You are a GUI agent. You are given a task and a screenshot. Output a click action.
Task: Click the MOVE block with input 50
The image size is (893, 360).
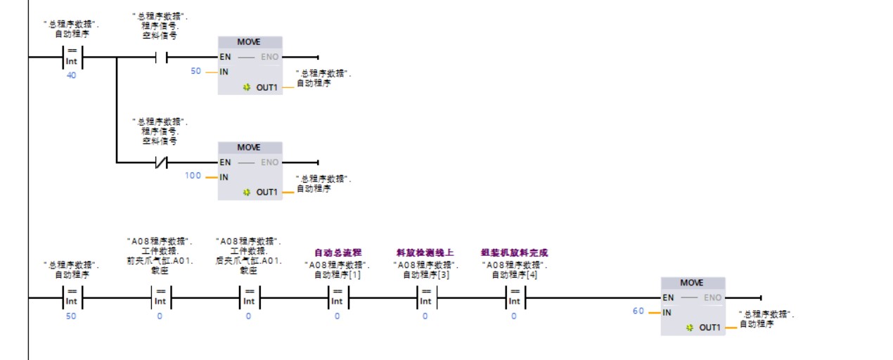(250, 65)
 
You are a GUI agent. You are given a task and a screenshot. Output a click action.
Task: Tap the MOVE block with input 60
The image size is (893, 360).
(693, 305)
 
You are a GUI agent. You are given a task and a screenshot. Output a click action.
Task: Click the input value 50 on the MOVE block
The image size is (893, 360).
(195, 71)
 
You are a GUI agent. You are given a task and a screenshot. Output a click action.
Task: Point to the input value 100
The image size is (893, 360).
(193, 176)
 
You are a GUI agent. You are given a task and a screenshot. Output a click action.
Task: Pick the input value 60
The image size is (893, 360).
(638, 311)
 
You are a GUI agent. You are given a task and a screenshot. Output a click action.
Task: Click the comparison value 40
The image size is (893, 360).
(71, 75)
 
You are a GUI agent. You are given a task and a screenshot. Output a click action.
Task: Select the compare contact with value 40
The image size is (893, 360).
(72, 57)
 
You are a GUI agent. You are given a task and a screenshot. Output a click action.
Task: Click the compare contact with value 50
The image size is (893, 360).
(72, 297)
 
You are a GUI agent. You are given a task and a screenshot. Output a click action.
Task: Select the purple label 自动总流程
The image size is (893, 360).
(337, 252)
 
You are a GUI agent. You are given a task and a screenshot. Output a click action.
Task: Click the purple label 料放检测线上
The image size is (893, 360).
(425, 252)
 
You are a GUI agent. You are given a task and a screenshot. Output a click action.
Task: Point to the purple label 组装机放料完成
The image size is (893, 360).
(514, 252)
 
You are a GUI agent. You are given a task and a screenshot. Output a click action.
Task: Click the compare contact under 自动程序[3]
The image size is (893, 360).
(425, 297)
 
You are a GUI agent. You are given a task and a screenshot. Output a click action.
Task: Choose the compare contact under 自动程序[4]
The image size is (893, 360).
(514, 297)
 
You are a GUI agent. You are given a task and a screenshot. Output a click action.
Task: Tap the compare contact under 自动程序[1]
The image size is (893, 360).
(337, 297)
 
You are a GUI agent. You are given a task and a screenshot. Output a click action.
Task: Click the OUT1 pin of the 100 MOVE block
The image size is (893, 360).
(266, 192)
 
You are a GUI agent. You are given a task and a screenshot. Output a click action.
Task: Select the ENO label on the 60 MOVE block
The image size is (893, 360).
(712, 297)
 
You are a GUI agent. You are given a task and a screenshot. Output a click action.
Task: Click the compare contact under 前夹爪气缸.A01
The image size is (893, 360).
(160, 297)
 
